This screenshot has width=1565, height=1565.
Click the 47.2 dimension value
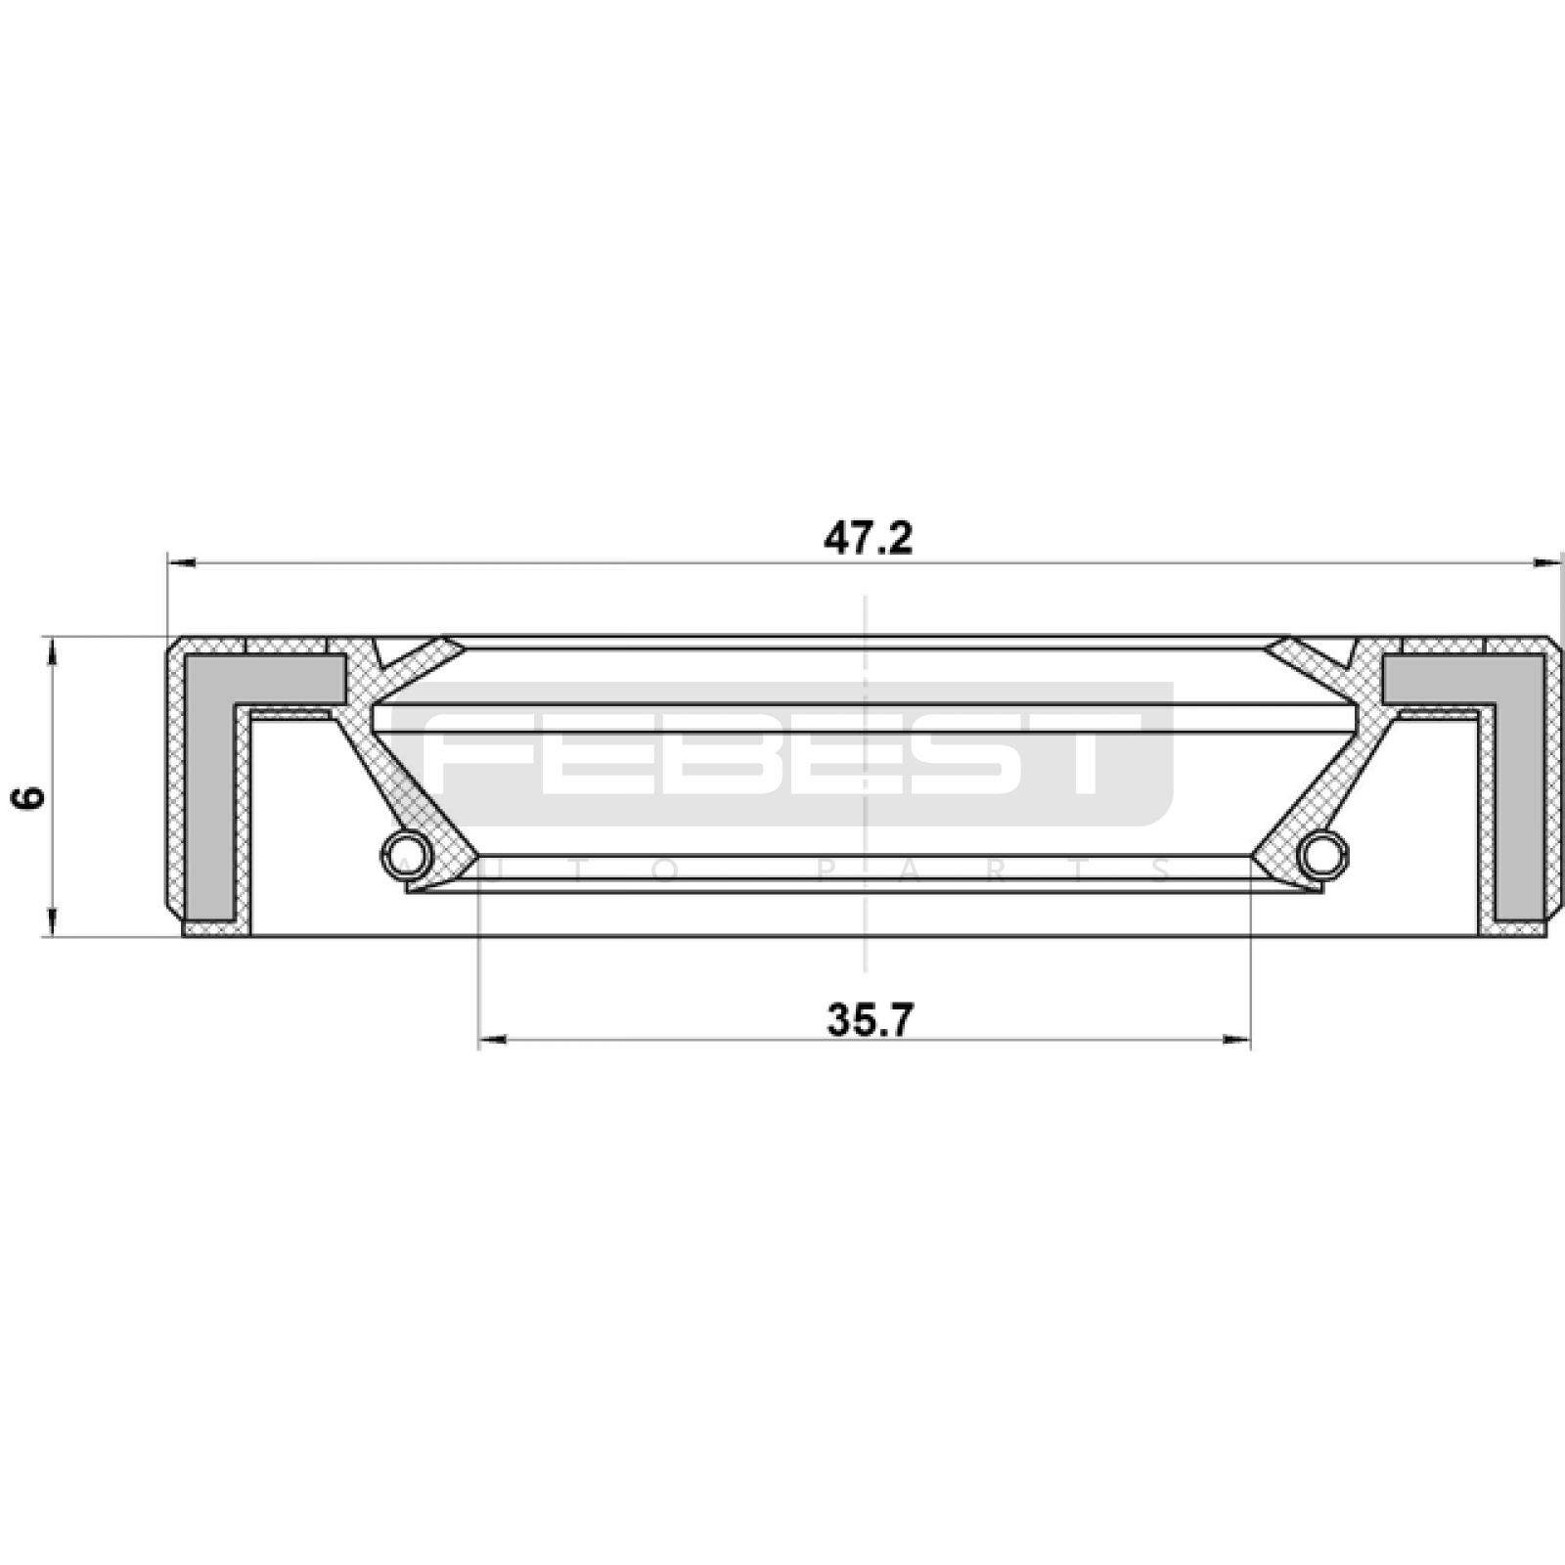[867, 539]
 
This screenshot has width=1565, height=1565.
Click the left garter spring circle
[407, 853]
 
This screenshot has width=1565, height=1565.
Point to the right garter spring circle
[1321, 853]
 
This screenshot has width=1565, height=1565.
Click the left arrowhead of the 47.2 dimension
[182, 562]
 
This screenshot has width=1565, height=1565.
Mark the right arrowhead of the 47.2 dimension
[1546, 562]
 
